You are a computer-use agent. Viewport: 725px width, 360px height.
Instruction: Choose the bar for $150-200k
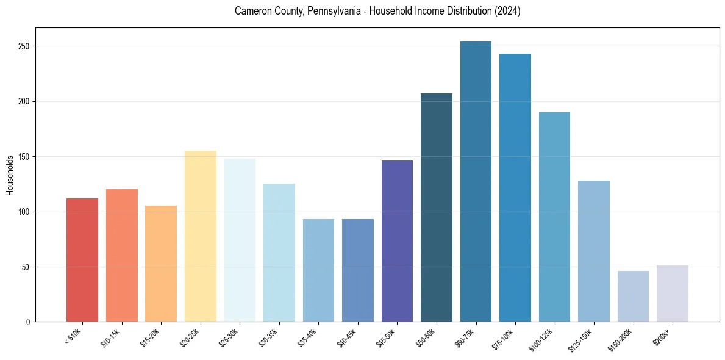pos(633,297)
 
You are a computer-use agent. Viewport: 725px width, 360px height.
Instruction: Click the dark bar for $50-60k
pos(436,207)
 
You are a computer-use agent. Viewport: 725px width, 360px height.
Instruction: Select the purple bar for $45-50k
pos(397,241)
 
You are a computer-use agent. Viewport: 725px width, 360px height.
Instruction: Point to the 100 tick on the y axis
pos(22,212)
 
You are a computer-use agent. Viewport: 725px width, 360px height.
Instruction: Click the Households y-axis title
pos(10,175)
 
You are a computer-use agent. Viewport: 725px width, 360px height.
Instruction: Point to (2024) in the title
pos(507,11)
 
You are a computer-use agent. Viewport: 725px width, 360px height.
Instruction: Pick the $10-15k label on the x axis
pos(111,338)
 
